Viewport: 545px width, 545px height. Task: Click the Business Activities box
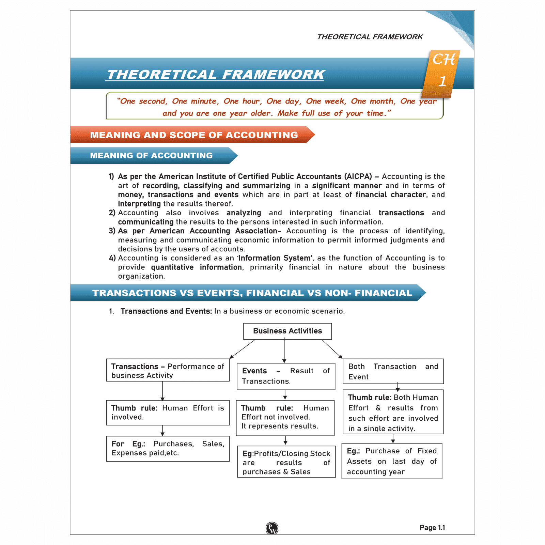pos(287,331)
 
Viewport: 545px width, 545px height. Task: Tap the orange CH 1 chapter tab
pos(442,73)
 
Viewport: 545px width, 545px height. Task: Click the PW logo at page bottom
pos(272,528)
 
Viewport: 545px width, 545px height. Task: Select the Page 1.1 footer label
pos(432,528)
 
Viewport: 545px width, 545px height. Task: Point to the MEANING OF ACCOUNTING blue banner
pos(152,156)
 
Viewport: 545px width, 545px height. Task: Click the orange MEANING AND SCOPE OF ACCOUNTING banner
pos(193,135)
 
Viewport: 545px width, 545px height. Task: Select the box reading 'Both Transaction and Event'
pos(393,371)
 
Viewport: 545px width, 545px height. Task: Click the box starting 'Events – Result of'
pos(286,376)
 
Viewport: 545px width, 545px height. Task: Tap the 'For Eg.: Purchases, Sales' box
pos(168,449)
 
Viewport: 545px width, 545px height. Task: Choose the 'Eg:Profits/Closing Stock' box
pos(286,462)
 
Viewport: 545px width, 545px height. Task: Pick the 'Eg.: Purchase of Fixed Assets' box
pos(392,461)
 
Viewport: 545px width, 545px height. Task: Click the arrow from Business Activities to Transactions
pos(242,349)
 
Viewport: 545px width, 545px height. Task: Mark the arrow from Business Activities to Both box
pos(332,349)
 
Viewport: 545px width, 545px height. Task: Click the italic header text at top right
pos(370,37)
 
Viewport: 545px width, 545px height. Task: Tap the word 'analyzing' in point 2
pos(244,213)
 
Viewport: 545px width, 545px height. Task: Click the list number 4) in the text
pos(112,258)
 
